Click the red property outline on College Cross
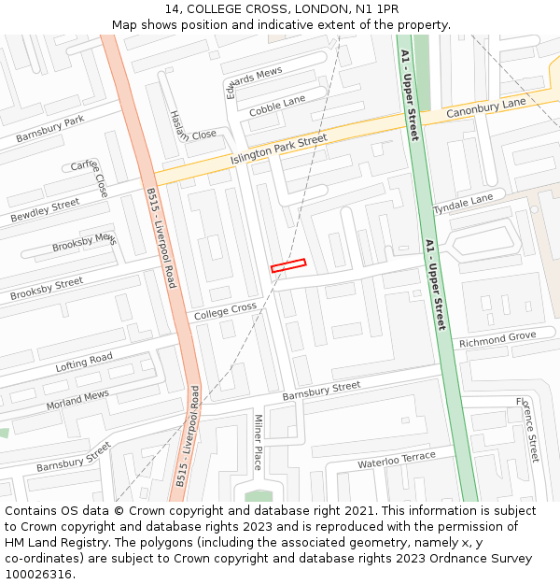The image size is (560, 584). (x=288, y=265)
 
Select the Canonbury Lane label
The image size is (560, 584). (x=485, y=107)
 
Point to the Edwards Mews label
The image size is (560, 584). (x=253, y=82)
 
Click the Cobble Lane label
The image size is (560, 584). (x=277, y=106)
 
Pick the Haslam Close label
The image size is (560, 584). (x=193, y=125)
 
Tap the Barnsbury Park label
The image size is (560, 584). (x=49, y=129)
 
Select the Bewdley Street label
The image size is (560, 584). (x=45, y=211)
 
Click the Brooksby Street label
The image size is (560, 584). (x=47, y=289)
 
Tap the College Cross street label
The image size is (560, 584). (x=225, y=312)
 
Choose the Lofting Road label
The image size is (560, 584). (x=84, y=363)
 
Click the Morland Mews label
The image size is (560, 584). (x=77, y=401)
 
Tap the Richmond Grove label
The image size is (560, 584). (x=497, y=339)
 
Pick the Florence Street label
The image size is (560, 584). (x=528, y=430)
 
